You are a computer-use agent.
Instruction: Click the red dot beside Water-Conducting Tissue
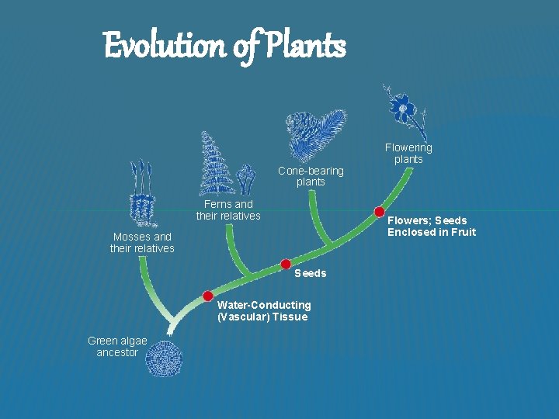pos(208,296)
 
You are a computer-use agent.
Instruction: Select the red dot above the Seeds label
pos(286,264)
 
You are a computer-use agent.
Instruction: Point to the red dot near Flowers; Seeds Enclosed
pos(379,211)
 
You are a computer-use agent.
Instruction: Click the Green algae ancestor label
pos(117,347)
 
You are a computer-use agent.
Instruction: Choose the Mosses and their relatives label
pos(142,242)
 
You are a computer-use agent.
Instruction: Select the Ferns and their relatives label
pos(228,210)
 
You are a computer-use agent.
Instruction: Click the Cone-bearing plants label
pos(311,176)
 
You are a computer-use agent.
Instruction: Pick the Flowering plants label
pos(408,153)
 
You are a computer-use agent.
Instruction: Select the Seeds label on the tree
pos(310,273)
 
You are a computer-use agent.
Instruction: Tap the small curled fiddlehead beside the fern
pos(246,179)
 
